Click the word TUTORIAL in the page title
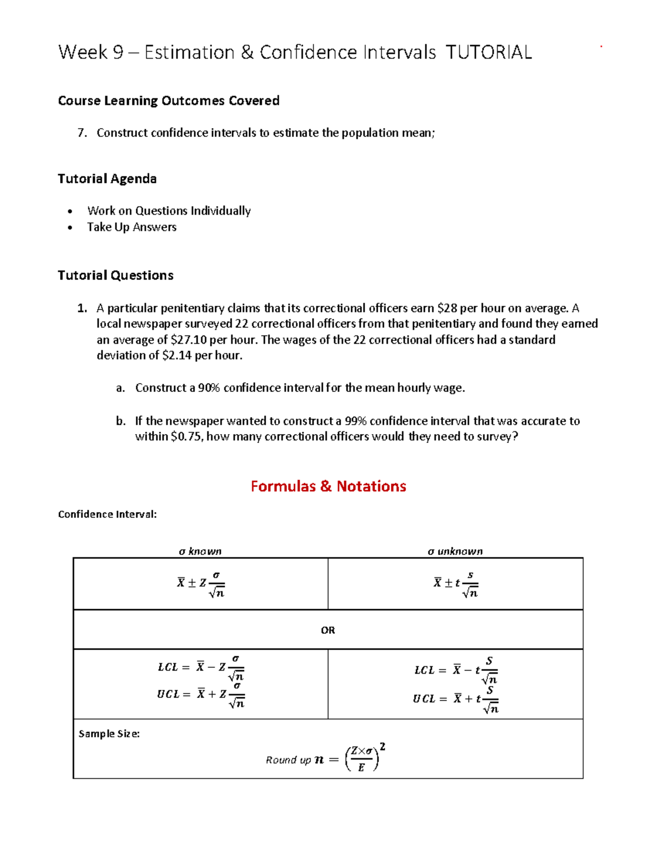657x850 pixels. [x=488, y=53]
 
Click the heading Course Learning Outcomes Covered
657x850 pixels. [x=169, y=101]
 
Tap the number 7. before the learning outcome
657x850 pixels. [x=82, y=133]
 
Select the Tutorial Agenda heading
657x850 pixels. [x=107, y=179]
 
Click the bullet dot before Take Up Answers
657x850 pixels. [x=70, y=228]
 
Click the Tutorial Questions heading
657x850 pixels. [x=116, y=275]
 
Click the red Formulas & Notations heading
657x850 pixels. [x=328, y=486]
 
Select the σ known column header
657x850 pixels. [x=200, y=551]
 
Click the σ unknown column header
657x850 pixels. [x=455, y=551]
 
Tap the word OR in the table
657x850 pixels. [x=328, y=630]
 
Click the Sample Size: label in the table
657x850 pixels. [x=109, y=733]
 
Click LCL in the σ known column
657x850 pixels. [x=168, y=667]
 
